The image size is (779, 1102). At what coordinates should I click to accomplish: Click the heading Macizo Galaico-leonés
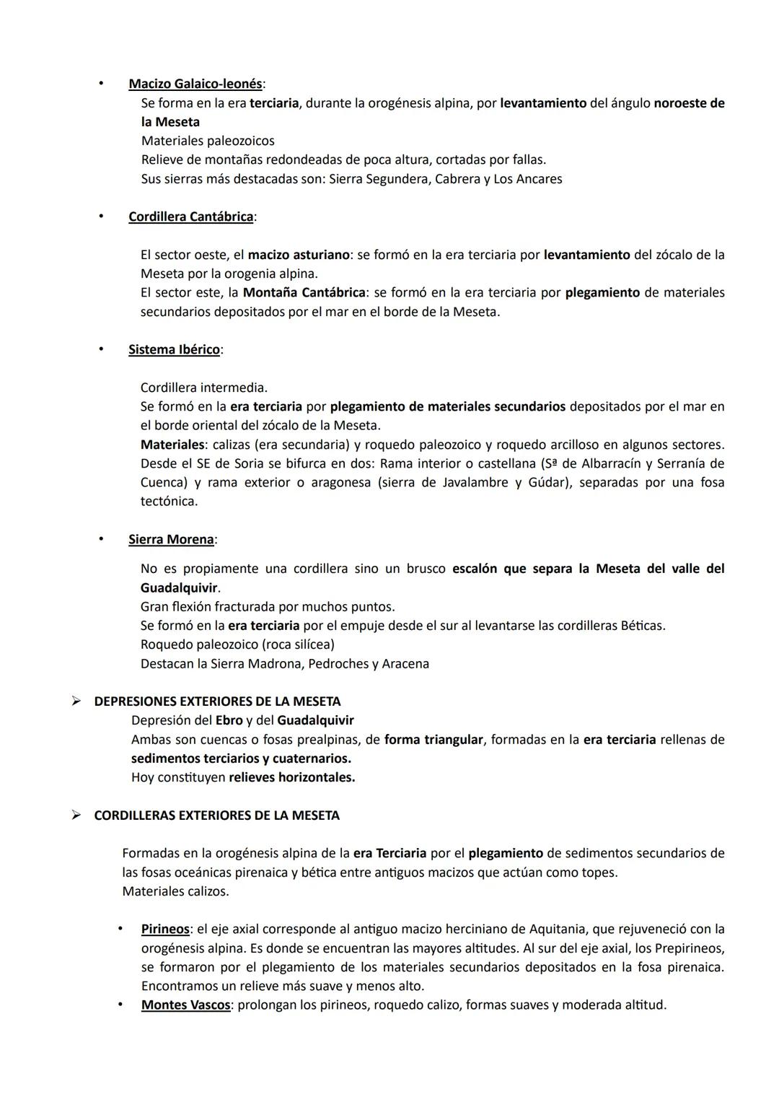(x=195, y=84)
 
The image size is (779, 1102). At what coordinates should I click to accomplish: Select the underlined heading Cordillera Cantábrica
(x=190, y=217)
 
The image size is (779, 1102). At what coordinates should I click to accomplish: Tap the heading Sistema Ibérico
(x=174, y=349)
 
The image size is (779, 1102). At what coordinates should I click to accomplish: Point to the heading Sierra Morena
(x=171, y=539)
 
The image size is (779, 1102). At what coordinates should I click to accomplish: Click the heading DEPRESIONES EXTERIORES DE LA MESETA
(x=217, y=701)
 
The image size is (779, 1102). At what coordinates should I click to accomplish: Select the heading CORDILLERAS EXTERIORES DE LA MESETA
(x=216, y=815)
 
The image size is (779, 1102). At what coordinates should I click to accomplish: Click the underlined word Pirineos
(x=165, y=929)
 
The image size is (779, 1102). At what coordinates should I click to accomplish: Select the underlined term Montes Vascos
(x=185, y=1005)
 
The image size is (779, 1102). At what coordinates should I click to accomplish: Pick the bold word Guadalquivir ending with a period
(x=179, y=587)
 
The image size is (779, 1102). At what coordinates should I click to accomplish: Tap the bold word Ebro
(x=229, y=720)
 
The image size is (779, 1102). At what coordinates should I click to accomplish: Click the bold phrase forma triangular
(x=433, y=739)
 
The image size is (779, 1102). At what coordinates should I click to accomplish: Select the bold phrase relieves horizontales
(x=291, y=777)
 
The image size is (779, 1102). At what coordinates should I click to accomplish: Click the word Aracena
(x=405, y=663)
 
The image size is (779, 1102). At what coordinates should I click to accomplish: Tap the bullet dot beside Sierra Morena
(x=102, y=538)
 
